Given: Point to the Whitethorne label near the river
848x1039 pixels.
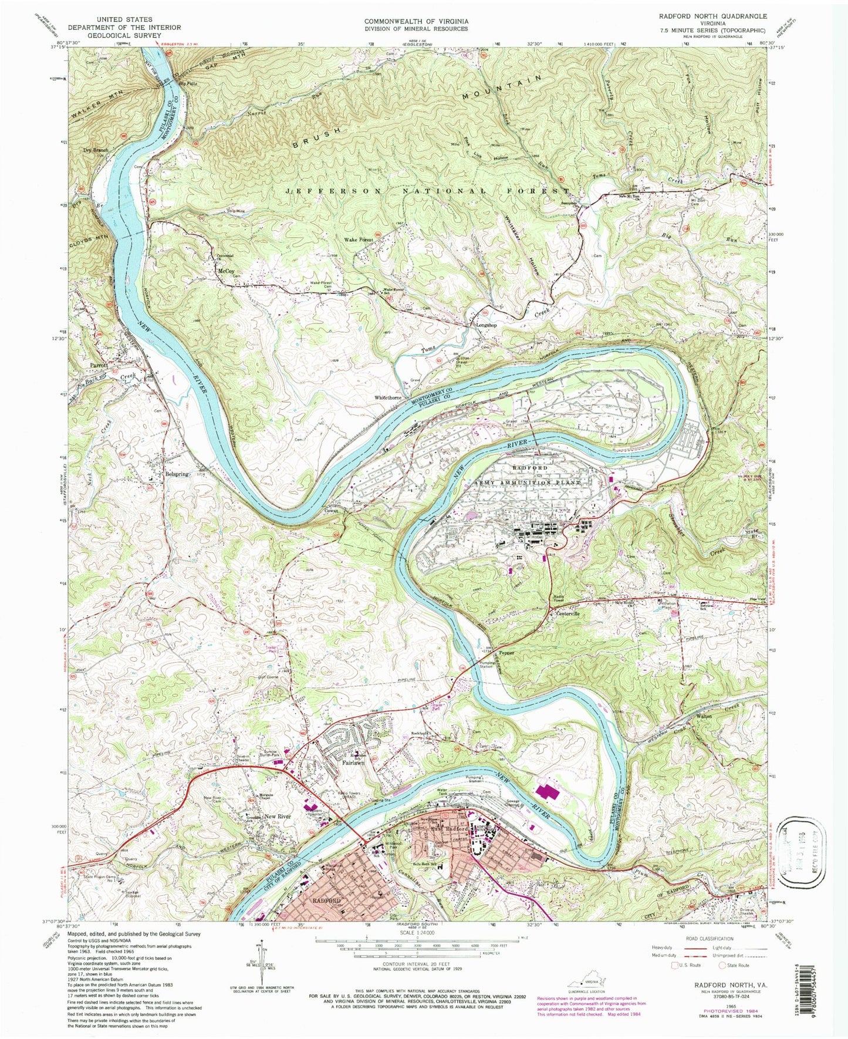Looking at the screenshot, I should (x=388, y=397).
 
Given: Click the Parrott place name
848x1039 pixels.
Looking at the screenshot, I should (x=96, y=365).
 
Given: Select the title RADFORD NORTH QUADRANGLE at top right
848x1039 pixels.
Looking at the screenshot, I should (x=712, y=16).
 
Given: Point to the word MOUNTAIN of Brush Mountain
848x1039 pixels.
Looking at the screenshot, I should (x=500, y=86).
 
